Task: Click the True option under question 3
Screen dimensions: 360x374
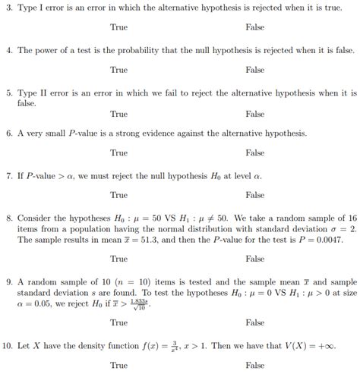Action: tap(118, 27)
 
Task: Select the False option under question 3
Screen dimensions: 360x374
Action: tap(255, 27)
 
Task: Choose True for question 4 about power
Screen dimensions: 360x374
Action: tap(118, 69)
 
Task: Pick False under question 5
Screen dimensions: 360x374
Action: tap(255, 114)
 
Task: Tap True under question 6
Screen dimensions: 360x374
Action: tap(118, 152)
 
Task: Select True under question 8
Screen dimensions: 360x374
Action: tap(118, 259)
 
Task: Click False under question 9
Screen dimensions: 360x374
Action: tap(255, 322)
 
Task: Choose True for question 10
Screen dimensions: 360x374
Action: tap(118, 365)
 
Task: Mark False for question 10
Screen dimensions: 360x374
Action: tap(255, 365)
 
